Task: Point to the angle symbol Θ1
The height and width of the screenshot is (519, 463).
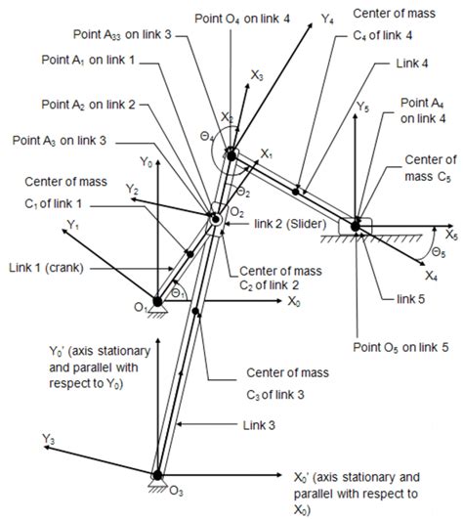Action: click(176, 292)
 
